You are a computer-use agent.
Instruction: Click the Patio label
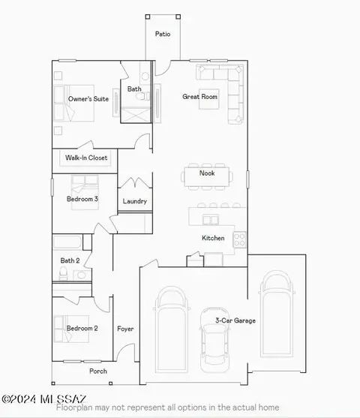click(x=163, y=34)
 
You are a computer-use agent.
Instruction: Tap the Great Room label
click(x=199, y=97)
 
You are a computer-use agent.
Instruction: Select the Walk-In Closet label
click(x=86, y=158)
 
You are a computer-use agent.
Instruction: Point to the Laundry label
click(x=134, y=201)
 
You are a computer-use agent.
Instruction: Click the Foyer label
click(x=125, y=329)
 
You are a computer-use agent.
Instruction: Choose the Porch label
click(x=98, y=371)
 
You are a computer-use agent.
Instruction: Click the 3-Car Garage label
click(x=235, y=320)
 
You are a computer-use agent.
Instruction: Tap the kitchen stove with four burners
click(x=239, y=239)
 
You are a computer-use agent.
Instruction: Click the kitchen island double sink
click(x=211, y=220)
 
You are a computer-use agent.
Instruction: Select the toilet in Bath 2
click(x=63, y=273)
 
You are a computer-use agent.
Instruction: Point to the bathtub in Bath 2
click(x=67, y=242)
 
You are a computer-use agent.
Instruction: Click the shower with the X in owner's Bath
click(x=136, y=115)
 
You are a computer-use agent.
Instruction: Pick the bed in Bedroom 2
click(x=71, y=329)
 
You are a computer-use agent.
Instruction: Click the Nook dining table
click(x=207, y=176)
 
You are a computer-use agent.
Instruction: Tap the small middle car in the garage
click(x=214, y=340)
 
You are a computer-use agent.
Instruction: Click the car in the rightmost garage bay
click(x=277, y=314)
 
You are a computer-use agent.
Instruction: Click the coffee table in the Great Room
click(x=209, y=99)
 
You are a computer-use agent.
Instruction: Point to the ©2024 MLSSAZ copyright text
click(x=44, y=399)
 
